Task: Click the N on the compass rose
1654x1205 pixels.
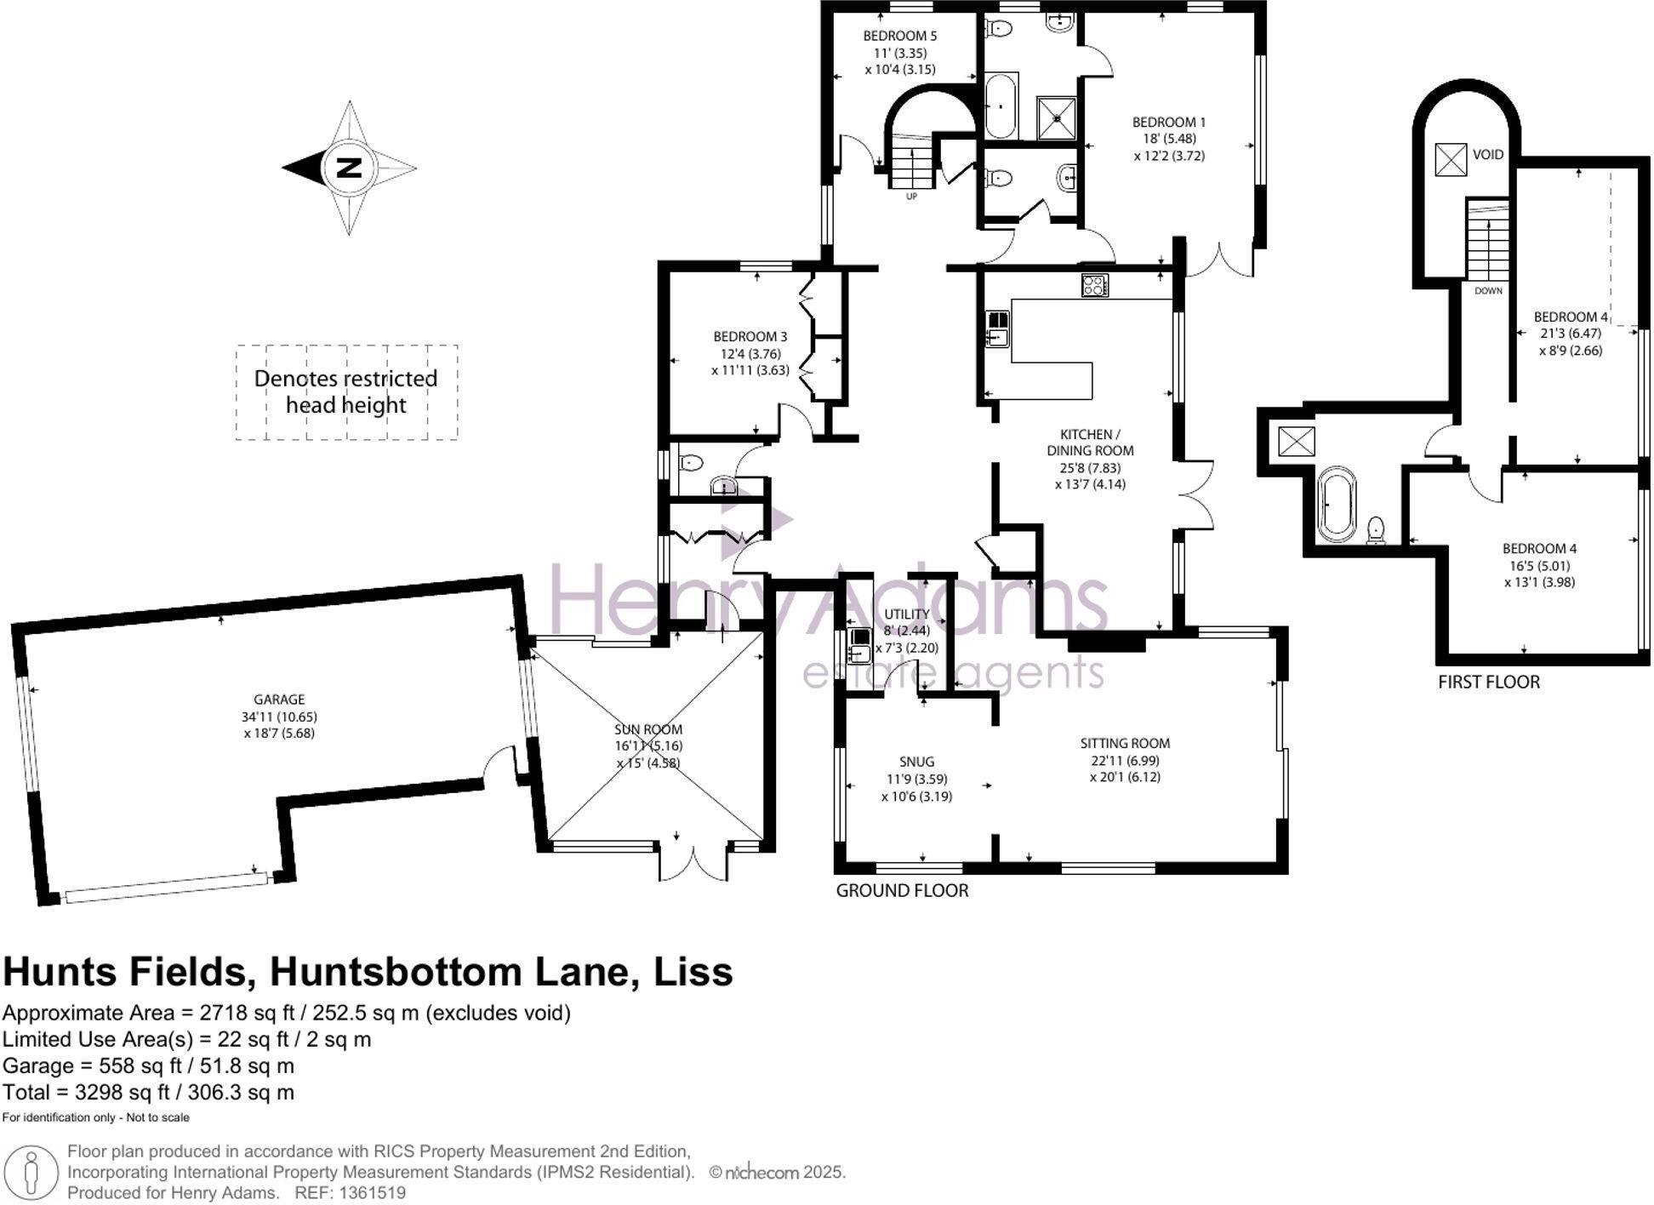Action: tap(347, 168)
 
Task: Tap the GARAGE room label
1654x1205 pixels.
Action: tap(278, 700)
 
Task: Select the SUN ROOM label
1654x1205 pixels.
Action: tap(647, 729)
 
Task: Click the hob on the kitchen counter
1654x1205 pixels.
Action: tap(1094, 285)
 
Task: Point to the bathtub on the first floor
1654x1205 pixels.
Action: tap(1337, 504)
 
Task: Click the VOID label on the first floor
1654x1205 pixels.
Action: tap(1488, 155)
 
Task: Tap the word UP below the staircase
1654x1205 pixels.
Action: tap(911, 197)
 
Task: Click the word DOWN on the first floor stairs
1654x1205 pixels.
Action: tap(1488, 291)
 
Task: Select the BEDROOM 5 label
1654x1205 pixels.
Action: tap(899, 36)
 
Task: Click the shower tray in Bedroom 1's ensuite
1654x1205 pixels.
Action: tap(1056, 118)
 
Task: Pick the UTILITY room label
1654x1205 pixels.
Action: tap(906, 614)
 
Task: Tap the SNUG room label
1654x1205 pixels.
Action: tap(916, 762)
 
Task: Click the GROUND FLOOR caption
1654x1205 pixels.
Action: tap(902, 890)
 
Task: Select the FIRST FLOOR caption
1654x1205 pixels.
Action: tap(1488, 682)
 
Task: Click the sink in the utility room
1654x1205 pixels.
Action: tap(858, 646)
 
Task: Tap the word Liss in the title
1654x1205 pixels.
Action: tap(692, 972)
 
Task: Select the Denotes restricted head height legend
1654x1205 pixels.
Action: tap(345, 391)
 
